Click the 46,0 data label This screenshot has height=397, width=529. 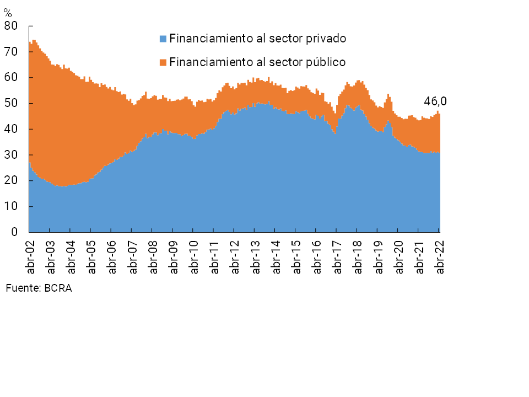click(x=435, y=101)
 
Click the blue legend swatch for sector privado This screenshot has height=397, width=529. click(x=163, y=39)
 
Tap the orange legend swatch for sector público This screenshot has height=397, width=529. click(x=163, y=62)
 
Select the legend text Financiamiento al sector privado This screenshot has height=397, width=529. click(x=257, y=39)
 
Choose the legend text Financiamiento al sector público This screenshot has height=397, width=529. click(x=257, y=62)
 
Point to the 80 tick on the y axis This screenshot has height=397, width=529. click(x=11, y=26)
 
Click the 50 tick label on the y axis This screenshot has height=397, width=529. click(x=11, y=104)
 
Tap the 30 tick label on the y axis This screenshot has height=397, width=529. click(x=11, y=155)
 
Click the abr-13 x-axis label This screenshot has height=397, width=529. click(x=256, y=256)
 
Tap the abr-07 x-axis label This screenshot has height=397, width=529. click(x=132, y=256)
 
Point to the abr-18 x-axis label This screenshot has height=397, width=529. click(x=358, y=256)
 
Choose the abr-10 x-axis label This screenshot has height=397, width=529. click(x=194, y=256)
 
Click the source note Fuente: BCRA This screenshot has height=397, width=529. click(x=39, y=288)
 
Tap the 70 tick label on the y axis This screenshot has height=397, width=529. click(x=11, y=52)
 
